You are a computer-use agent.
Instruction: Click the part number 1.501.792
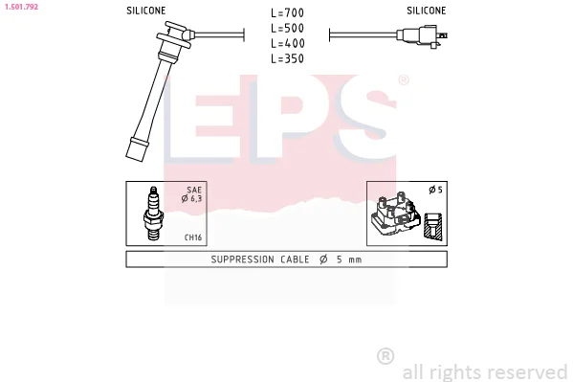[x=21, y=7]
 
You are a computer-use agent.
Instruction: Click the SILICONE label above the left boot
[x=145, y=11]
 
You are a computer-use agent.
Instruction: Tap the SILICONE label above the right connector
[x=426, y=11]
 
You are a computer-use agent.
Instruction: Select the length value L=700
[x=287, y=13]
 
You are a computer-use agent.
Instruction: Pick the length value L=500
[x=287, y=28]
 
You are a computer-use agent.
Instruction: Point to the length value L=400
[x=287, y=43]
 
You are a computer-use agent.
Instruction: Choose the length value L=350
[x=287, y=58]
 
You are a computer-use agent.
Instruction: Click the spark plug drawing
[x=153, y=213]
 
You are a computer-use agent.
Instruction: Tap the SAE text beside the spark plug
[x=194, y=190]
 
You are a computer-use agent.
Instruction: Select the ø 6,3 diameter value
[x=191, y=199]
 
